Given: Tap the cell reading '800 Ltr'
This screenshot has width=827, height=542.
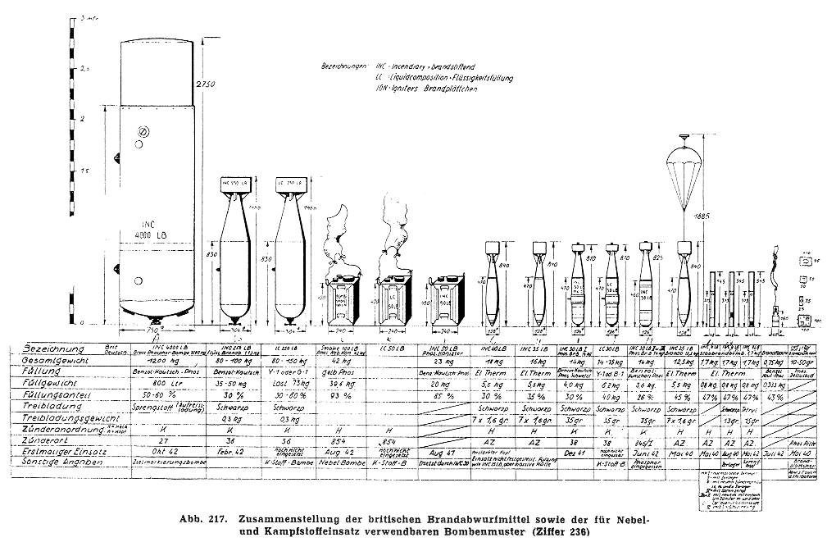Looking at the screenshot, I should coord(148,382).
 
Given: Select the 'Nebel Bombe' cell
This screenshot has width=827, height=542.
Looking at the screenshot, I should coord(337,462).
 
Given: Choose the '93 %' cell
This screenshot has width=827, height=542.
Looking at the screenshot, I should coord(335,394).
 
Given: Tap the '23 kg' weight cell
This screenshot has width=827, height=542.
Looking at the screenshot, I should coord(446,360).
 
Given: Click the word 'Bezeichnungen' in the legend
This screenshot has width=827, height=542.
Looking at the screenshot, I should coord(349,64).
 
